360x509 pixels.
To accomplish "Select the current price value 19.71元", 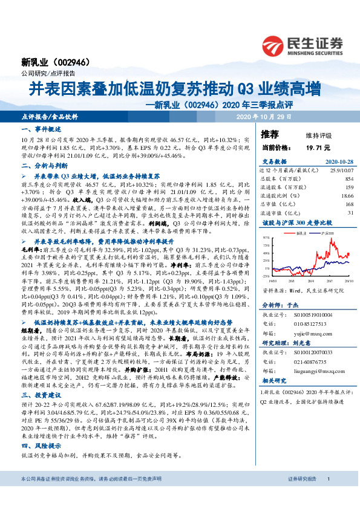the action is [x=317, y=147].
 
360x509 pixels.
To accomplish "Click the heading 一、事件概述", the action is [x=38, y=130].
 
